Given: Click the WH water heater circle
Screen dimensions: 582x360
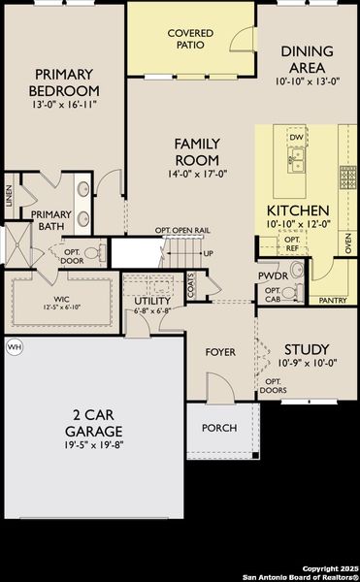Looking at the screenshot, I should point(14,346).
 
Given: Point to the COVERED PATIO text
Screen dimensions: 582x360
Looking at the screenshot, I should point(190,39).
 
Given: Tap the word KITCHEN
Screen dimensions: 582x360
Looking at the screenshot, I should point(298,210).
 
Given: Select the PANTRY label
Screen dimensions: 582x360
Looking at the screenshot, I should point(333,301).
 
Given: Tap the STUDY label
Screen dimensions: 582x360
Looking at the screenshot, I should point(306,349).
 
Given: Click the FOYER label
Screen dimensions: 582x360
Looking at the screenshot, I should point(221,351).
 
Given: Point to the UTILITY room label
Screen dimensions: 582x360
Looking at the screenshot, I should point(152,301).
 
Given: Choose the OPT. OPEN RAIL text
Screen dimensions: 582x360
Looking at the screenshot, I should point(182,230).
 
